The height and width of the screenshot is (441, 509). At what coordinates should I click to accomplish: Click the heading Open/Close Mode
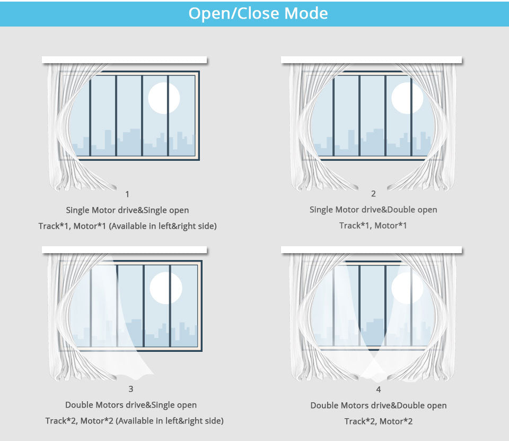click(258, 14)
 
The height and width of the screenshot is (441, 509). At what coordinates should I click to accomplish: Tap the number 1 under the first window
click(127, 194)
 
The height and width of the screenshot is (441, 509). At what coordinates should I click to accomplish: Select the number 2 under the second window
click(373, 194)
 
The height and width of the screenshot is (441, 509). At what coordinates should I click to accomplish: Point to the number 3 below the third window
click(131, 388)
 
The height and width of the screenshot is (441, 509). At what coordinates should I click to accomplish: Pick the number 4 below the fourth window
click(379, 390)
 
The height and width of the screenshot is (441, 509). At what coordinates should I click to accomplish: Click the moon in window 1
click(164, 98)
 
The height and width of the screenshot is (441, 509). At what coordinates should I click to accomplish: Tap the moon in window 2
click(407, 98)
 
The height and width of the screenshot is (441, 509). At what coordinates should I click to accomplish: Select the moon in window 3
click(166, 288)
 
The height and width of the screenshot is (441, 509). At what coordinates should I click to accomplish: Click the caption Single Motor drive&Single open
click(127, 210)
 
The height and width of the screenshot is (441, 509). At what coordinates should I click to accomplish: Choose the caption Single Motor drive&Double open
click(373, 210)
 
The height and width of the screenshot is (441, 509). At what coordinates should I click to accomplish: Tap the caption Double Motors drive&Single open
click(131, 405)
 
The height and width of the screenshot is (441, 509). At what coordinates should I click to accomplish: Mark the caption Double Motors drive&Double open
click(379, 405)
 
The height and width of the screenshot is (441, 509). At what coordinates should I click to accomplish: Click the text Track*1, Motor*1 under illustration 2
click(373, 226)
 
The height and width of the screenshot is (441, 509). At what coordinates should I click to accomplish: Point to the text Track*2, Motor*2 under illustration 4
click(379, 421)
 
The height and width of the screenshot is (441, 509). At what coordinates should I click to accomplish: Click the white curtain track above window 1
click(124, 60)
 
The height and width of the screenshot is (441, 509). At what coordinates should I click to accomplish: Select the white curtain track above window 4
click(371, 250)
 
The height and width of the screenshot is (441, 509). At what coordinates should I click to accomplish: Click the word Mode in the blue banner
click(306, 14)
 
